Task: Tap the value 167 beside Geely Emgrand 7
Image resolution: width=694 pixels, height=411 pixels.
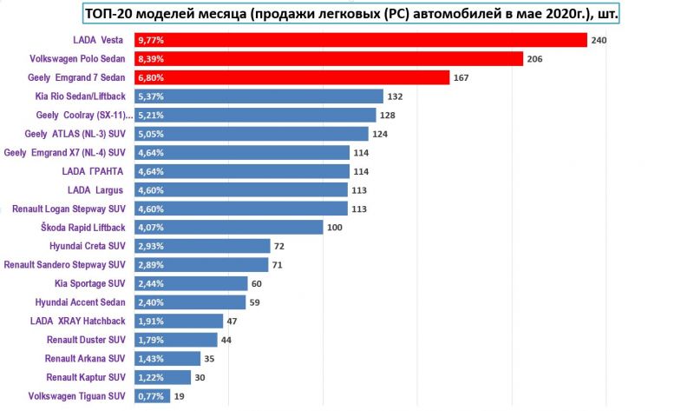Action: click(x=462, y=77)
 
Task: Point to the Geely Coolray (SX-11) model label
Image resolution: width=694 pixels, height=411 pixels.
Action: click(x=85, y=116)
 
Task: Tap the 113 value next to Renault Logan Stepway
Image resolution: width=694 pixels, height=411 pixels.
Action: click(x=359, y=209)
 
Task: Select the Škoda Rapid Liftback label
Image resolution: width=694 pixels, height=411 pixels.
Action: click(x=84, y=228)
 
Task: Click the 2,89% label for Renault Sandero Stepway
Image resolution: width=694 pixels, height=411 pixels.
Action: click(x=151, y=265)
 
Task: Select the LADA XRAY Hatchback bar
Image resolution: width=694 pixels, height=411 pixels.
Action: click(x=179, y=321)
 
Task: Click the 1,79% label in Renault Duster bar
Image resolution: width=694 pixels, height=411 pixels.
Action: click(x=151, y=340)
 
